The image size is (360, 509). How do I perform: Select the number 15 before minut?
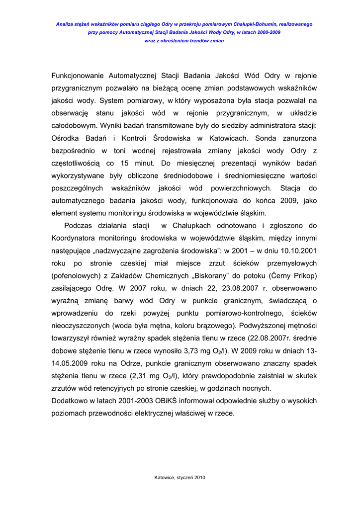pyautogui.click(x=125, y=163)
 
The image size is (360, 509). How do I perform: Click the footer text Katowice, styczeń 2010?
pyautogui.click(x=180, y=478)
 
